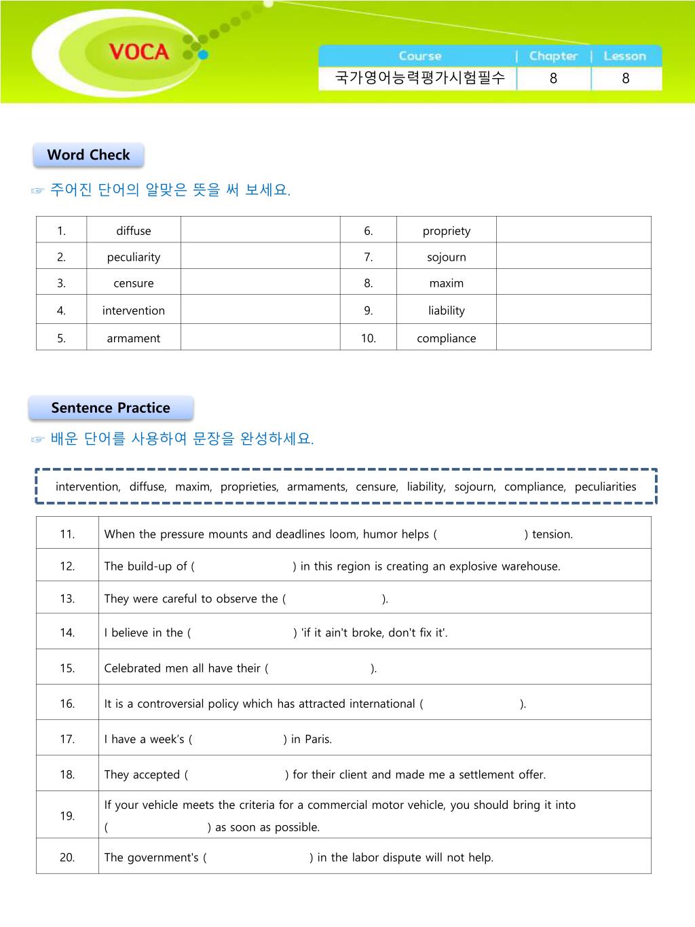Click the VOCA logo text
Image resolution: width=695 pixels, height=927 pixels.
click(x=138, y=52)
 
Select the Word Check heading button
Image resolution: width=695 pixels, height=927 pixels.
click(x=88, y=155)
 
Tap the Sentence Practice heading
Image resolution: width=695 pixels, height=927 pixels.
click(x=111, y=408)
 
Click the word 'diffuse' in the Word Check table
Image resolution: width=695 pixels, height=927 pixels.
click(x=134, y=231)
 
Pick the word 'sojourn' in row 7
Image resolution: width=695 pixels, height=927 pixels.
click(x=447, y=257)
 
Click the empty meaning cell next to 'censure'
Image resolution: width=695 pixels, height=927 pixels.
click(x=260, y=283)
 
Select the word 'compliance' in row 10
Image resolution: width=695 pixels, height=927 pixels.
click(x=447, y=338)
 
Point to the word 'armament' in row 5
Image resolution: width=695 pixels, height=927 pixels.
click(x=134, y=338)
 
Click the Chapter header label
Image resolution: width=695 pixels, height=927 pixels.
click(x=553, y=56)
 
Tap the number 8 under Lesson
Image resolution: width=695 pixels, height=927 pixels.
click(x=625, y=79)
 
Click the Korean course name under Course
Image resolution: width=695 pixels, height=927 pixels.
click(x=420, y=78)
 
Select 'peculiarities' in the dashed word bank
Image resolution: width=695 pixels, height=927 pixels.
click(x=605, y=487)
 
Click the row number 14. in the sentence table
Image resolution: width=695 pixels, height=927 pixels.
click(x=67, y=633)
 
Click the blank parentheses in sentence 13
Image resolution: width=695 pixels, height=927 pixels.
click(x=334, y=599)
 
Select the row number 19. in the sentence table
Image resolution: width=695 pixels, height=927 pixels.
click(x=67, y=816)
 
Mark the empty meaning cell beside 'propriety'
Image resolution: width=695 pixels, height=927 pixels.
click(x=574, y=231)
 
